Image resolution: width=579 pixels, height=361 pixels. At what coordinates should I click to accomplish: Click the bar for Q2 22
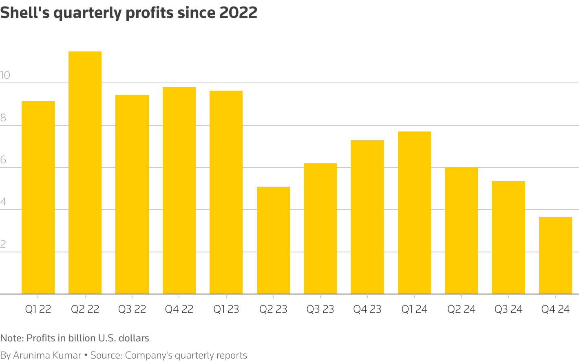[x=85, y=172]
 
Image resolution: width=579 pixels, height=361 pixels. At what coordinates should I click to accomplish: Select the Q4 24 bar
[x=555, y=255]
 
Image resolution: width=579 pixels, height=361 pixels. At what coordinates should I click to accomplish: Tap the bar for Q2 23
[x=273, y=240]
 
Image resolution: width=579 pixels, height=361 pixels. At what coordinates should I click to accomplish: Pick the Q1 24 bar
[x=414, y=212]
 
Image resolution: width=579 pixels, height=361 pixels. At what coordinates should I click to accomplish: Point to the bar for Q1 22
[x=38, y=198]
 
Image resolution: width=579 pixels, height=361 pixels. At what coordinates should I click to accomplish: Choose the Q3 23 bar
[x=320, y=229]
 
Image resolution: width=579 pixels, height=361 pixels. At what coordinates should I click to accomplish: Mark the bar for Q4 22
[x=179, y=190]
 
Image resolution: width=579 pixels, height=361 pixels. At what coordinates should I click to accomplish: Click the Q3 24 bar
[x=508, y=237]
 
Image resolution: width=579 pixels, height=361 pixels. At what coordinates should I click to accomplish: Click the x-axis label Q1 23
[x=226, y=309]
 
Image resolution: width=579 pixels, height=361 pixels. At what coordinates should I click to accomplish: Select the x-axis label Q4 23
[x=367, y=309]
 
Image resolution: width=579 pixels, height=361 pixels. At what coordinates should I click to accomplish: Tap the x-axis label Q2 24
[x=461, y=309]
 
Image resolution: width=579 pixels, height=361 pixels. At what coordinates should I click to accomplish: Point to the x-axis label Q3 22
[x=132, y=309]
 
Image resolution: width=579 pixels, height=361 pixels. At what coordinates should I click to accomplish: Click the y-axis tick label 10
[x=5, y=76]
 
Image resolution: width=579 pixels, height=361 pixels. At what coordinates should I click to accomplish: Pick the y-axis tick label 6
[x=3, y=160]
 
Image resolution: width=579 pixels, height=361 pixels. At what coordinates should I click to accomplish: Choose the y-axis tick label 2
[x=3, y=244]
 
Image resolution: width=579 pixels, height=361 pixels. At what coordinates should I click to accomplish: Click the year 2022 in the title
[x=238, y=13]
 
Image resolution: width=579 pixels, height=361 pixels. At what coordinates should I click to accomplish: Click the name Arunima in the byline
[x=31, y=355]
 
